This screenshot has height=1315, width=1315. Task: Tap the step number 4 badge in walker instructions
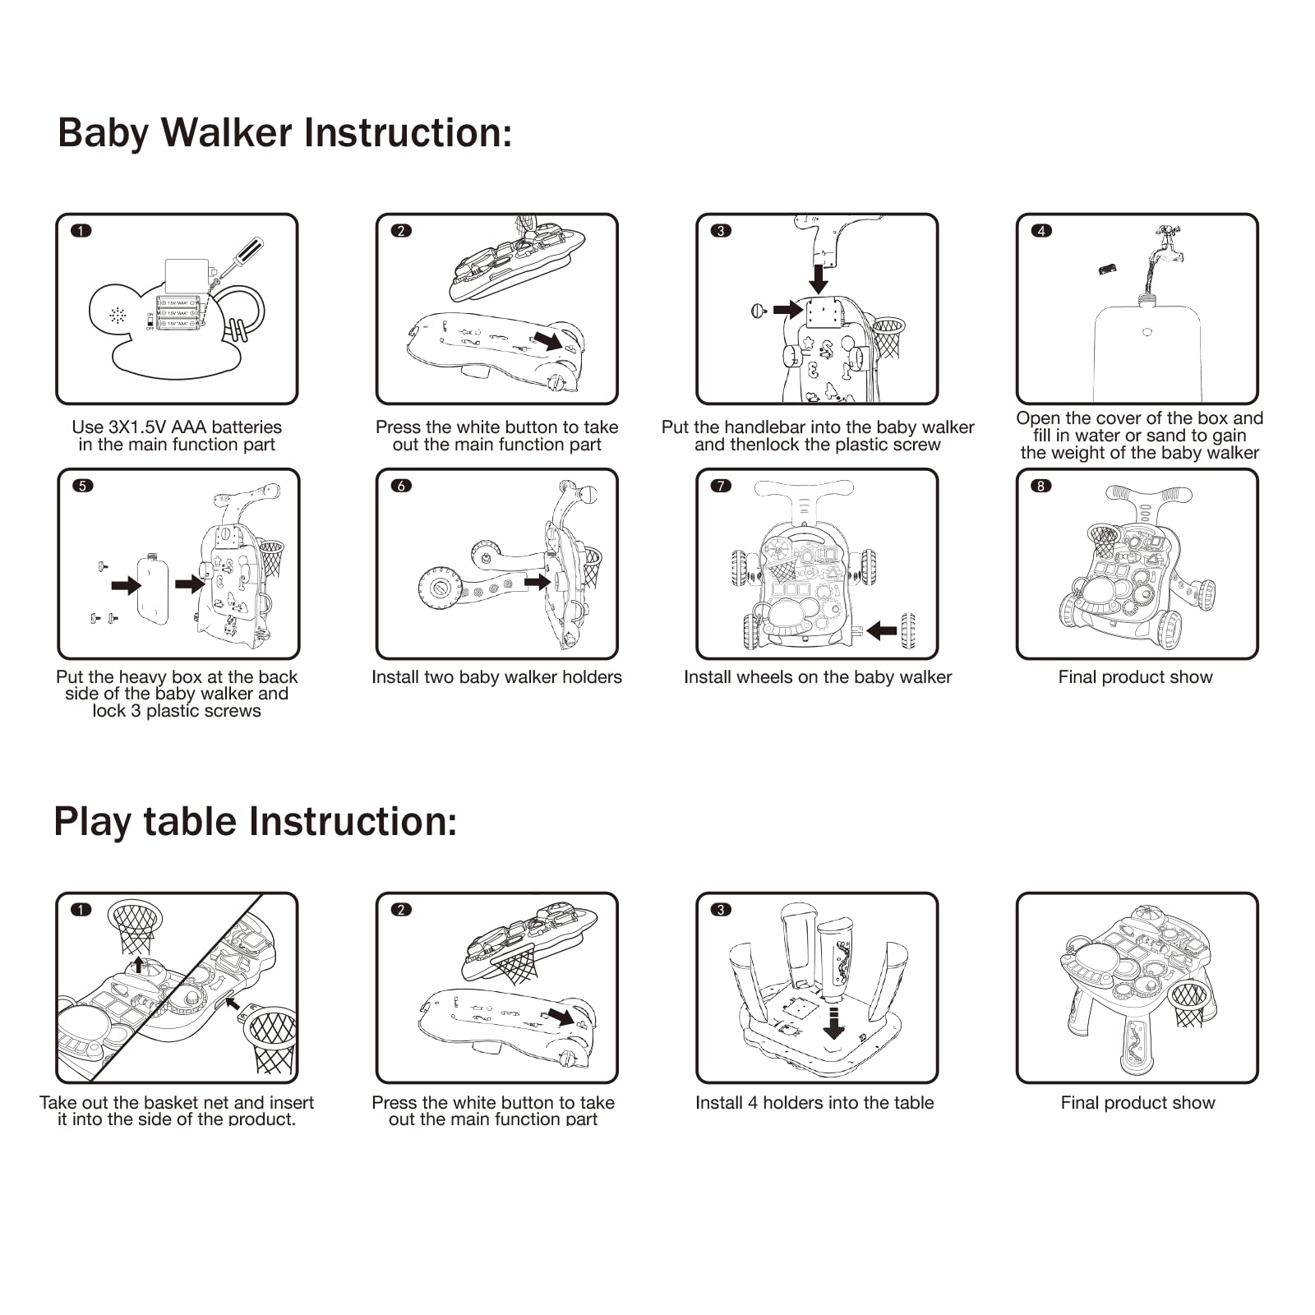pos(1041,231)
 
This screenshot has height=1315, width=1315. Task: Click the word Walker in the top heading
pos(225,133)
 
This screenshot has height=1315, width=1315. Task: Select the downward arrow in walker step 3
pos(819,278)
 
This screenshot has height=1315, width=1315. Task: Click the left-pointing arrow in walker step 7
pos(882,631)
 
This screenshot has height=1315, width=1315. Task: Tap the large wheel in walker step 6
pos(440,588)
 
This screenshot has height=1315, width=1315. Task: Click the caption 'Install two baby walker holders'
pos(496,677)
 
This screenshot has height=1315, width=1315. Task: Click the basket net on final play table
pos(1188,1003)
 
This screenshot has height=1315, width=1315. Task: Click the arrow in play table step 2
pos(561,1016)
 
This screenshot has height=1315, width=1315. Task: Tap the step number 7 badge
pos(721,486)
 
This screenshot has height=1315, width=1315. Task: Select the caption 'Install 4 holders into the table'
pos(814,1103)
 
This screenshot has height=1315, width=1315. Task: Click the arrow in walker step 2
pos(547,339)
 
